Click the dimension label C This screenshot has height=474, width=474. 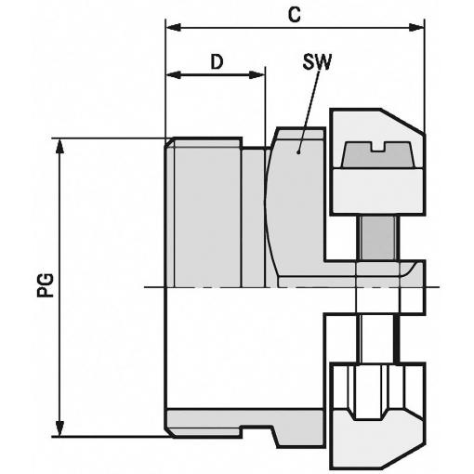(294, 15)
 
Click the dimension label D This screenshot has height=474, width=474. (217, 61)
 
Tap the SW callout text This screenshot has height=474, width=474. (317, 61)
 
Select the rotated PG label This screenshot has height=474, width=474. (46, 285)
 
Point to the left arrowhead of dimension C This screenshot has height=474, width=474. (174, 27)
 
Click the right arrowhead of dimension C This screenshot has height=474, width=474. (417, 27)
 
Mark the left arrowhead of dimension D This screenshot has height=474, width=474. (174, 74)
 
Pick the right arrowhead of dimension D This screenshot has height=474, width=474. (257, 74)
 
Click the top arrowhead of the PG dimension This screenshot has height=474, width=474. (59, 146)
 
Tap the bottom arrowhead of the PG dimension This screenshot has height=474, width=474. (59, 428)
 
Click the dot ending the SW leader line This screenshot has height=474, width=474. (298, 152)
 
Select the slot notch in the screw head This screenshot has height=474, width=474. (377, 147)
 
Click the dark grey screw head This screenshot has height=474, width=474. (377, 155)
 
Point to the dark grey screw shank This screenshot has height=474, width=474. (378, 238)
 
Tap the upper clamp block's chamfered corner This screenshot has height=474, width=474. (402, 122)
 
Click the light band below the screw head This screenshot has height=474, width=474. (377, 191)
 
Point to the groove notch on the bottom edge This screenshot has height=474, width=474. (257, 431)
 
